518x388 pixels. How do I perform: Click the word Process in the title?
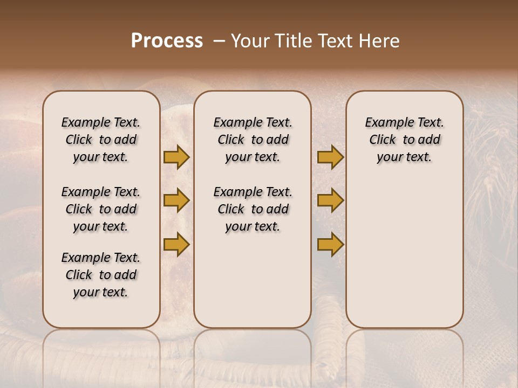(x=167, y=41)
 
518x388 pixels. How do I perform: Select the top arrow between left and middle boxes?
(x=176, y=157)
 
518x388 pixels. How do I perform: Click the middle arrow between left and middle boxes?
(x=176, y=200)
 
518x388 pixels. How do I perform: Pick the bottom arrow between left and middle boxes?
(x=176, y=244)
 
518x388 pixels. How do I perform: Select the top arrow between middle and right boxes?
(x=330, y=157)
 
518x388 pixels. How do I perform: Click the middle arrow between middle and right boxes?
(x=330, y=200)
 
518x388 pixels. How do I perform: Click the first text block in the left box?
(x=101, y=140)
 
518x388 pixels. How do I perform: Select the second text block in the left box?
(x=101, y=209)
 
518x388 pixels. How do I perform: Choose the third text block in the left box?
(x=101, y=275)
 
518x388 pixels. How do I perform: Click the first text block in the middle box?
(x=253, y=140)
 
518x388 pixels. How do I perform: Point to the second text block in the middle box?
(x=253, y=209)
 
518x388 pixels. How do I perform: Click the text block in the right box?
(x=404, y=140)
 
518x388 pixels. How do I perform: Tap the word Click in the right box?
(x=383, y=140)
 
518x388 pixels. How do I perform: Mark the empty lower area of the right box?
(x=404, y=253)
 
